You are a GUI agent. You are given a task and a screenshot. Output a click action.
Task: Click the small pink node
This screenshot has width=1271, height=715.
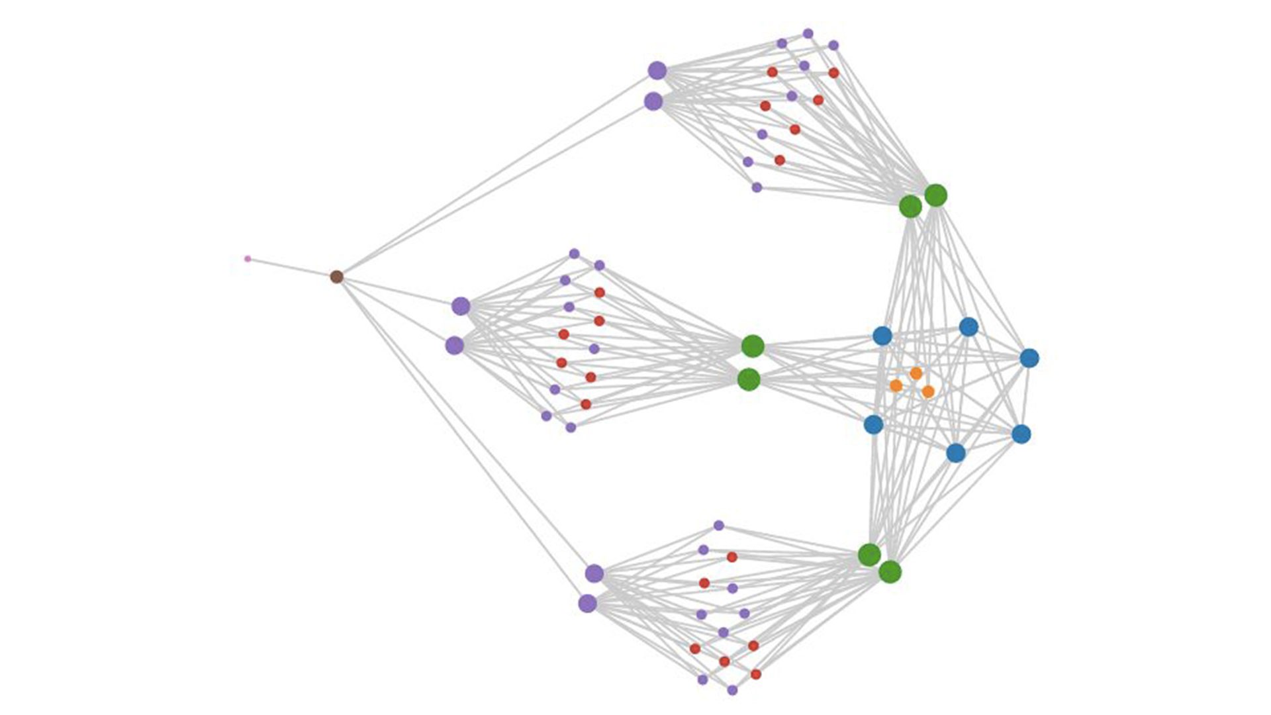(x=248, y=259)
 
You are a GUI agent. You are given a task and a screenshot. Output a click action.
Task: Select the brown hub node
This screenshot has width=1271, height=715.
(x=336, y=277)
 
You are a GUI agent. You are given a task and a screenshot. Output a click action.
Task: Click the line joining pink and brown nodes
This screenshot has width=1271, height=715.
(x=291, y=267)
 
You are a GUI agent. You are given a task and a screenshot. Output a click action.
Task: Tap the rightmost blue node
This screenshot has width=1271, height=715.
(x=1029, y=358)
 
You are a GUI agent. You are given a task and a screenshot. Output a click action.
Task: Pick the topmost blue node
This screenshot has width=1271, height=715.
(x=968, y=326)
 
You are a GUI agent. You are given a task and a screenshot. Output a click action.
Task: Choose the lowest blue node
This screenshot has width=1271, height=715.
(x=955, y=453)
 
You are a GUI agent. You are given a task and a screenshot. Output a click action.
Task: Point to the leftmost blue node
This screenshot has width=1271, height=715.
(x=873, y=424)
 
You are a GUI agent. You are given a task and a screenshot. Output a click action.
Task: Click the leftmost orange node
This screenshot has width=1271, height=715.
(x=896, y=385)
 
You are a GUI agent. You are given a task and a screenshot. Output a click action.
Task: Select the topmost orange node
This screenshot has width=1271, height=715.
(x=916, y=373)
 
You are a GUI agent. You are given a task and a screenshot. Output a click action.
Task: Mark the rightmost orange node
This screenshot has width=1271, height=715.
(x=928, y=392)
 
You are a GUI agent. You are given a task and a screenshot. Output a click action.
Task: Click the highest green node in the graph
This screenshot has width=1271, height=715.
(x=935, y=195)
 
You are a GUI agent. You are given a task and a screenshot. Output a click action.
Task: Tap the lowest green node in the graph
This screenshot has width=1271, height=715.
(x=890, y=572)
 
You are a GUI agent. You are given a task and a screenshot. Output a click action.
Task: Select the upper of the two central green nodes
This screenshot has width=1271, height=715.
(x=753, y=346)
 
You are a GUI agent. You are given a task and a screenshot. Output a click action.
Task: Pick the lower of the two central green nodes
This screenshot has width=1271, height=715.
(x=749, y=379)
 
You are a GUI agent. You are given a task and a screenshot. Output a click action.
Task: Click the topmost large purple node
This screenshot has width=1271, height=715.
(x=657, y=70)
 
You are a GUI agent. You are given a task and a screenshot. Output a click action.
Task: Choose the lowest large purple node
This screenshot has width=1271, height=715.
(x=587, y=604)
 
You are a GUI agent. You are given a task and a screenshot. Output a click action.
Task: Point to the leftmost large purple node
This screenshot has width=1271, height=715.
(x=454, y=346)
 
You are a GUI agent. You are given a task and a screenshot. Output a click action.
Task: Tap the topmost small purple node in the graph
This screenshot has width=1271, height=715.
(x=808, y=34)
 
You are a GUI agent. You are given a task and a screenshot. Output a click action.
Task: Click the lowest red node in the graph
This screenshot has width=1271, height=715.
(x=756, y=675)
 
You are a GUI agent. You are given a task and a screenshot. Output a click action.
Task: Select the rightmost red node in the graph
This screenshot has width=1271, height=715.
(x=833, y=73)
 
